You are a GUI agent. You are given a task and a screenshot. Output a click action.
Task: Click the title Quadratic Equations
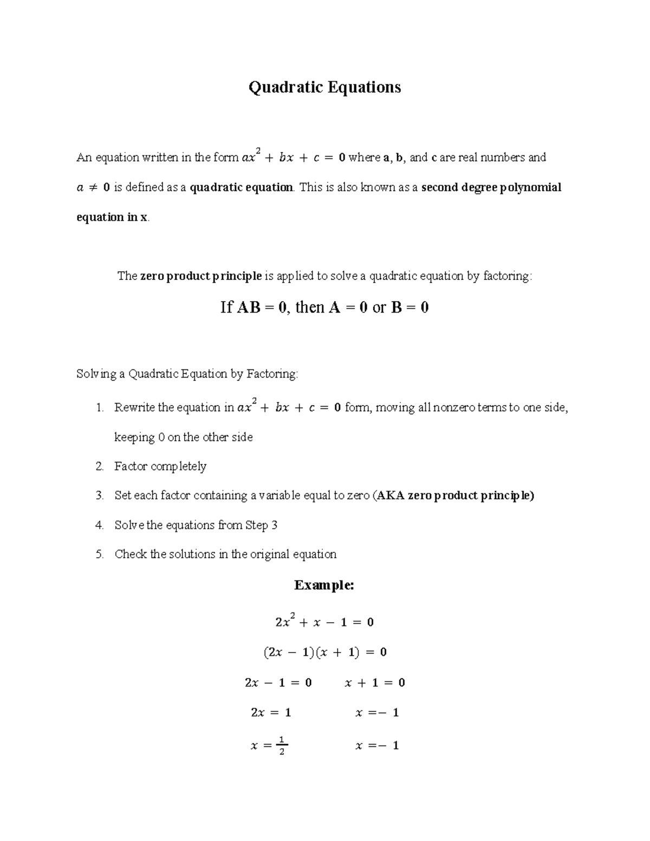(324, 87)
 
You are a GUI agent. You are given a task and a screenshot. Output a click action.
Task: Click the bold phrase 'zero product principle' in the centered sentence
(201, 276)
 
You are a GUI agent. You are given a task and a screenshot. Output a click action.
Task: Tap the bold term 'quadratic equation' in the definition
(242, 187)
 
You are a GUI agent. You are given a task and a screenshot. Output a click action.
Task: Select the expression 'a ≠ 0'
(93, 187)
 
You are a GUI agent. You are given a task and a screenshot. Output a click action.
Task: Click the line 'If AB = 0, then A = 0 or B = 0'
(324, 308)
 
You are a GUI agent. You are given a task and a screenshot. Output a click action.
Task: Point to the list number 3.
(99, 496)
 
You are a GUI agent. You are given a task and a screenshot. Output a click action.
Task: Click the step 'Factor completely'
(160, 466)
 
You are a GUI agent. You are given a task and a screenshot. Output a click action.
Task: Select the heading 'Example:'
(324, 585)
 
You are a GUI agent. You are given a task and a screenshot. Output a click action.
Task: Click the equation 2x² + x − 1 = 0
(324, 622)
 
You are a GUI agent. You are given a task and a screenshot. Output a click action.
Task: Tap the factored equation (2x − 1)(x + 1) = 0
(324, 653)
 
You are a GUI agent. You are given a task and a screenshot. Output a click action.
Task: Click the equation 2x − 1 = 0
(278, 683)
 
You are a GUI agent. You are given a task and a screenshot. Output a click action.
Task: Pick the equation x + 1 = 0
(375, 683)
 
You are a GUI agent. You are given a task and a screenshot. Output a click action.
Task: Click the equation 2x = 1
(271, 713)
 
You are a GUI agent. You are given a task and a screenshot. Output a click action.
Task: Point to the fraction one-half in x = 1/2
(281, 746)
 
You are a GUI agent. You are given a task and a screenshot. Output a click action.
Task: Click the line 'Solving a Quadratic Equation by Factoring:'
(187, 374)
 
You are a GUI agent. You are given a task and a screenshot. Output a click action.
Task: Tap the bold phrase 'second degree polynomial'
(491, 187)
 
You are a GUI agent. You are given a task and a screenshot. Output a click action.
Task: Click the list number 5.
(99, 554)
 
